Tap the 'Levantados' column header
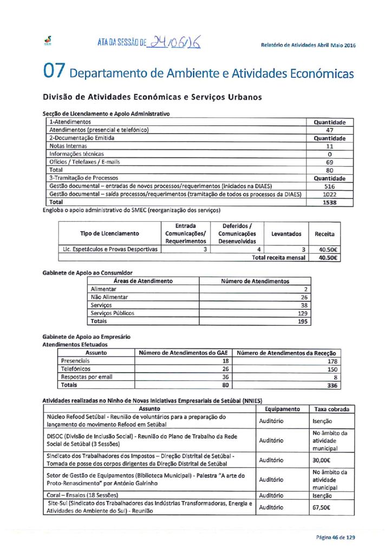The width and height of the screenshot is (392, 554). coord(286,233)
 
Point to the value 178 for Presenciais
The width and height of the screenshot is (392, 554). coord(332,361)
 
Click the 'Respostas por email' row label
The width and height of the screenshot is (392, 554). coord(87,377)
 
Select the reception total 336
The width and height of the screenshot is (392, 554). coord(332,385)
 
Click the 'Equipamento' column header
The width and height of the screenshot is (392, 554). coord(282,409)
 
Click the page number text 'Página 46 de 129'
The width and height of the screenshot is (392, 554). coord(336,537)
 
